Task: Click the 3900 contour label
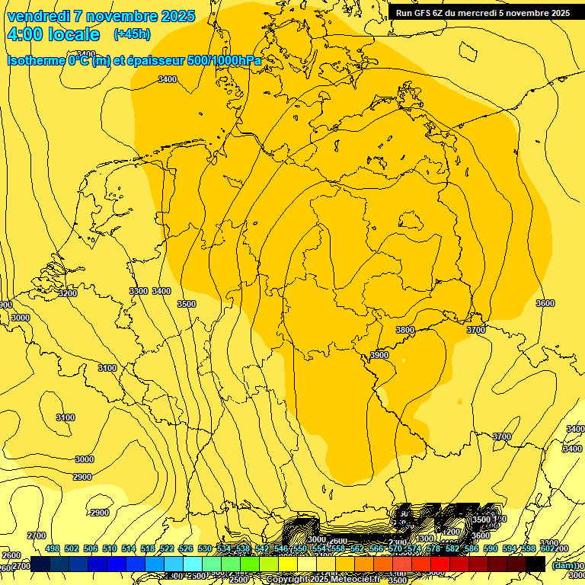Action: coord(379,356)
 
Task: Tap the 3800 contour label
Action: coord(405,331)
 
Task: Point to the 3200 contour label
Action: coord(68,293)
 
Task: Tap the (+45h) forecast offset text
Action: coord(132,34)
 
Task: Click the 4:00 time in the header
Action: coord(24,34)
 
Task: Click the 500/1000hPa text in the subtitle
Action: coord(229,60)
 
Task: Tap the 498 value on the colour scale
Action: coord(53,549)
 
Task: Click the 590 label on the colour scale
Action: coord(491,549)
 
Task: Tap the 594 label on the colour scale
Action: coord(510,549)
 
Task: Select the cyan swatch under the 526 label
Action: coord(193,564)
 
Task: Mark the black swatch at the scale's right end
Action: coord(535,564)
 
